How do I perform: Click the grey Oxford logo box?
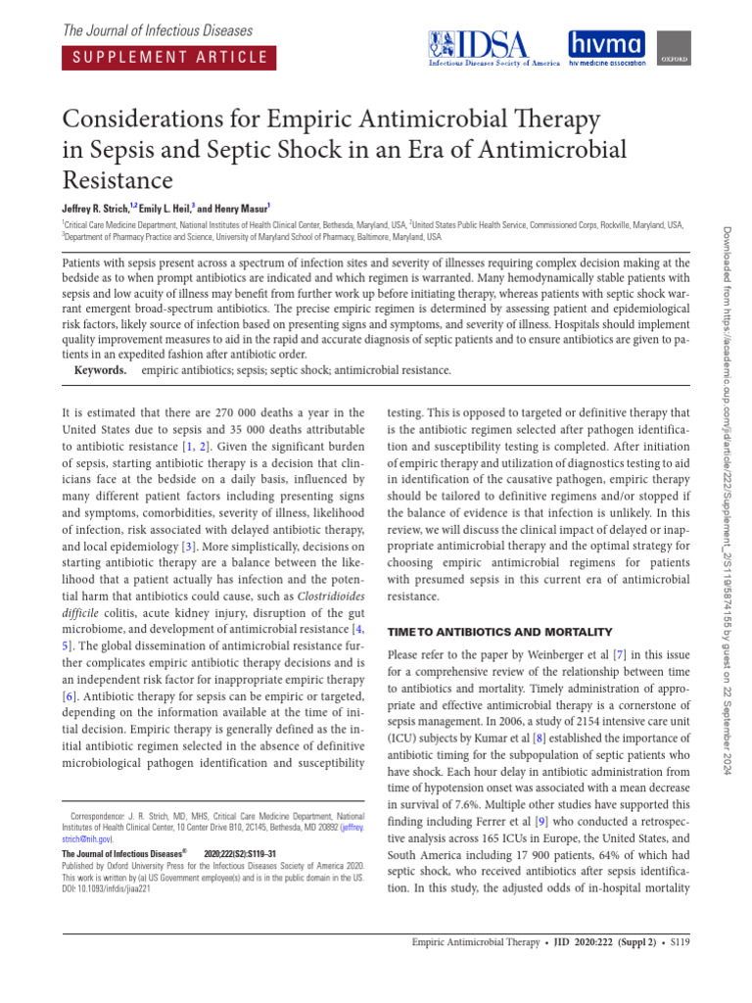(669, 47)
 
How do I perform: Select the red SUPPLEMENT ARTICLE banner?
(167, 56)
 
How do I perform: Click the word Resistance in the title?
(117, 180)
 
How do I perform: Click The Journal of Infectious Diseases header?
(158, 31)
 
